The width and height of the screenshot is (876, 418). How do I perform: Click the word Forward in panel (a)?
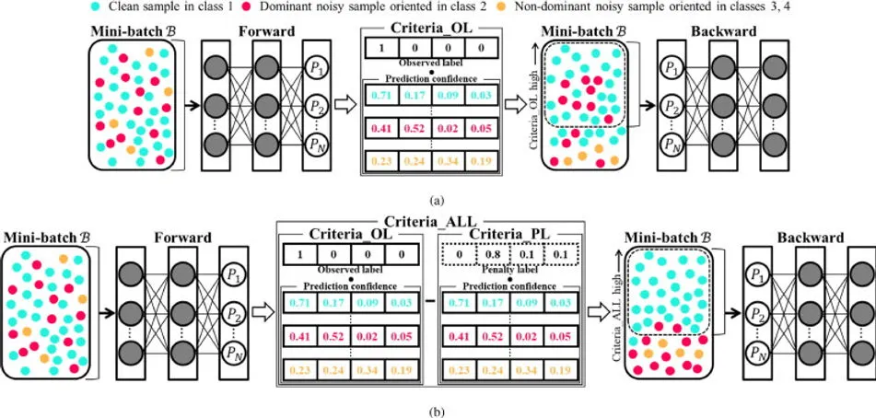pyautogui.click(x=267, y=31)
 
